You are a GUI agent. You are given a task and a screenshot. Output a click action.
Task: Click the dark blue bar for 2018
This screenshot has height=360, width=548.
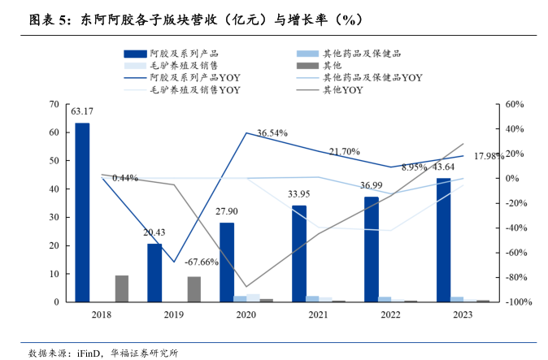[x=82, y=212]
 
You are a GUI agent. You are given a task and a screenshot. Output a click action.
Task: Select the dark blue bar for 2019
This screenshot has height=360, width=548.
[x=154, y=272]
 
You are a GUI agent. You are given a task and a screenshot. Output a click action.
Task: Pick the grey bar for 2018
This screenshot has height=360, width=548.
[x=121, y=288]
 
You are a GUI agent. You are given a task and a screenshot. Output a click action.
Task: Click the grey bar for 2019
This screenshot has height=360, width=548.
[x=194, y=289]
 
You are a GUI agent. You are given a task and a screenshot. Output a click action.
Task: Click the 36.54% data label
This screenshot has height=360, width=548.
[x=272, y=132]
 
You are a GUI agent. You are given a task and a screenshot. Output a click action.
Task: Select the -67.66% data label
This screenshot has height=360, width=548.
[x=201, y=262]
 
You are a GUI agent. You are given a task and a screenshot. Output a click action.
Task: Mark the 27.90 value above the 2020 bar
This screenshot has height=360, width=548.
[x=227, y=211]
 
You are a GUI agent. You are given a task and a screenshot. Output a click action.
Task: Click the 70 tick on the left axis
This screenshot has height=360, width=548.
[x=54, y=104]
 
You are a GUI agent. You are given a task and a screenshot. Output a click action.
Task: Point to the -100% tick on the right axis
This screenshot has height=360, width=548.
[x=517, y=302]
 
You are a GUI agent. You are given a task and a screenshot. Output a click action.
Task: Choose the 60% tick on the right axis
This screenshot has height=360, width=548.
[x=518, y=104]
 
